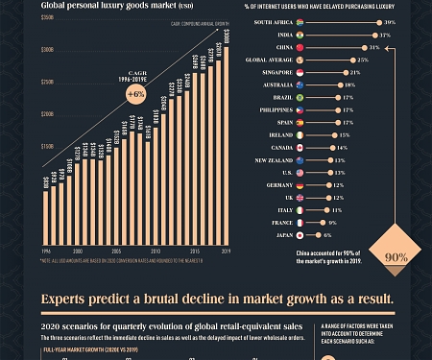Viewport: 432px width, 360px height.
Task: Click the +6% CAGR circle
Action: coord(135,95)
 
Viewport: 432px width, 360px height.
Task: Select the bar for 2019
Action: coord(225,144)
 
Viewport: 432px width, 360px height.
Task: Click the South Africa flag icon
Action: coord(300,21)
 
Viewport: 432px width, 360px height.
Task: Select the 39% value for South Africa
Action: coord(390,21)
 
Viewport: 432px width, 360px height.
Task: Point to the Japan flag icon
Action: coord(300,235)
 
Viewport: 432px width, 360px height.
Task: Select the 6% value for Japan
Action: coord(327,235)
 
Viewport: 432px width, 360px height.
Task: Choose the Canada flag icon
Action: coord(300,148)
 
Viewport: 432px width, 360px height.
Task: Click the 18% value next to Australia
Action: coord(349,84)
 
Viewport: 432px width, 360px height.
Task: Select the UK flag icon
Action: coord(300,198)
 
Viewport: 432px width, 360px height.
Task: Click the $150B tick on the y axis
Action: coord(46,146)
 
